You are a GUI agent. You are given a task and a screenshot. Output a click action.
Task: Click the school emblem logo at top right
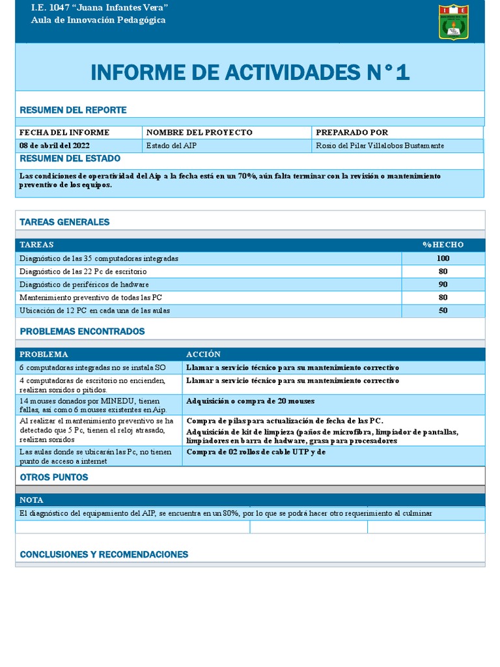452,21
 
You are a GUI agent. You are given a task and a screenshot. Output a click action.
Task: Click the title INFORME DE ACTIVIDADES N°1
250,72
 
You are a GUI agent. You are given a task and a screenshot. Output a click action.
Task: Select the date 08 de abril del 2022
55,145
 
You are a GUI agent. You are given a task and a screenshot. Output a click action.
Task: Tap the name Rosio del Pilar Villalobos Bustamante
380,145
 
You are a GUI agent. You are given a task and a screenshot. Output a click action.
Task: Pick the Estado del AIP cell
172,145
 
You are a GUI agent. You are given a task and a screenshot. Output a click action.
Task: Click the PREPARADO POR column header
352,132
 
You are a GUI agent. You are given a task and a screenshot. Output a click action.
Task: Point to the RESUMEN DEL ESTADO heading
70,159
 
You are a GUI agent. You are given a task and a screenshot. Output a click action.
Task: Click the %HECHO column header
443,245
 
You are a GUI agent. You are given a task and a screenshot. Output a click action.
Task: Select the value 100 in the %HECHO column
443,259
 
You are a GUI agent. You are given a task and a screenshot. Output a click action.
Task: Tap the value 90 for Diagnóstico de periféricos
443,285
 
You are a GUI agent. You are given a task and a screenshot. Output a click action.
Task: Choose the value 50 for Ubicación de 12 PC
443,311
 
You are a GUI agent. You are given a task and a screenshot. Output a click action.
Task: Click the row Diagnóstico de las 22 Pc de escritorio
83,272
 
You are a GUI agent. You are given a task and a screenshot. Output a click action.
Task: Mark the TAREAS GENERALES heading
64,222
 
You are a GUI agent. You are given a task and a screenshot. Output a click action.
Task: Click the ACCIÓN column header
203,354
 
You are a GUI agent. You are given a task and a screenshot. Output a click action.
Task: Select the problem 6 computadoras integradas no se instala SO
92,368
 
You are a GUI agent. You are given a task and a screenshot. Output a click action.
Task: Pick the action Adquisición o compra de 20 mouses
250,401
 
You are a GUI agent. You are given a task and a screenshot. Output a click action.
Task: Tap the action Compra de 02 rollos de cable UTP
255,451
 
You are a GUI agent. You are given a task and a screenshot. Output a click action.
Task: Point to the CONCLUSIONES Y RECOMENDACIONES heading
104,554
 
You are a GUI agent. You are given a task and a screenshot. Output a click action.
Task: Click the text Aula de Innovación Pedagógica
98,20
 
